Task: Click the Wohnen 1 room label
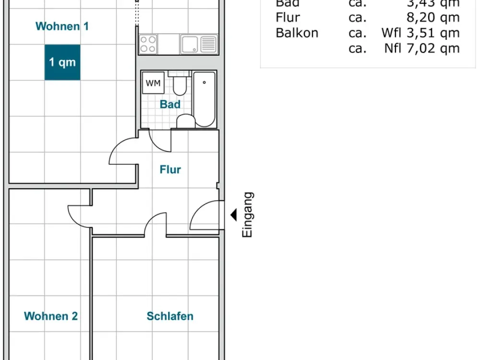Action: tap(62, 26)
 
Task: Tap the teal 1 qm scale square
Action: tap(62, 62)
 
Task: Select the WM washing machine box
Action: tap(153, 83)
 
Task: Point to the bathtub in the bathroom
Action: tap(204, 99)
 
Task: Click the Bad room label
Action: tap(170, 104)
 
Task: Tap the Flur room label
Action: tap(170, 169)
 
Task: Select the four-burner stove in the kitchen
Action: tap(148, 44)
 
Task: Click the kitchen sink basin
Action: tap(190, 44)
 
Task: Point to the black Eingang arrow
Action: tap(234, 215)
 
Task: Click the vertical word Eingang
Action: tap(247, 215)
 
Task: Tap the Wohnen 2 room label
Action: tap(51, 316)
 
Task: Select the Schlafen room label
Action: tap(170, 316)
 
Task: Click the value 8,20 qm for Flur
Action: tap(433, 18)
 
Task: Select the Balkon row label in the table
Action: tap(297, 33)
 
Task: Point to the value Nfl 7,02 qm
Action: tap(422, 48)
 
